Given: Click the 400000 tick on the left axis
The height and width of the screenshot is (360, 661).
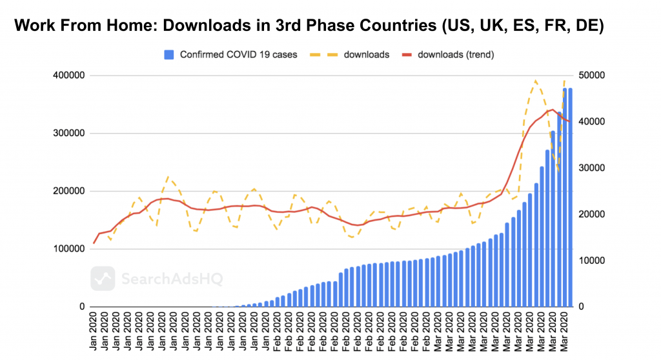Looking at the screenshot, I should [x=68, y=75].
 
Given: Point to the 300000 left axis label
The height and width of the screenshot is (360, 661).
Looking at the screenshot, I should [x=68, y=134].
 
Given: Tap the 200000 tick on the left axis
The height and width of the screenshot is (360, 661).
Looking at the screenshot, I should [x=68, y=192].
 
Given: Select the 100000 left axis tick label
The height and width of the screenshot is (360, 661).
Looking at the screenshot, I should [x=68, y=249].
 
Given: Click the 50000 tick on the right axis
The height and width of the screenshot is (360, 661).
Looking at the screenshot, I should [x=593, y=75].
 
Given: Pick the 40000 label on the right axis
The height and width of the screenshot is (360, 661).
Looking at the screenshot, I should [x=593, y=122].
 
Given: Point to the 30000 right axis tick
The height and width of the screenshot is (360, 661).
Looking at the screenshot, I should [x=593, y=168].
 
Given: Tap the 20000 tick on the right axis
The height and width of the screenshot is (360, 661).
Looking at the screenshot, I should [x=593, y=215].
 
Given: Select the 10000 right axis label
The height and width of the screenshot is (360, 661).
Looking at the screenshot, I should [x=593, y=261].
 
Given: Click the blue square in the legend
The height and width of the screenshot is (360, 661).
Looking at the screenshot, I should [x=170, y=55].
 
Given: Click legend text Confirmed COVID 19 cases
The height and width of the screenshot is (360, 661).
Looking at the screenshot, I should [x=238, y=55].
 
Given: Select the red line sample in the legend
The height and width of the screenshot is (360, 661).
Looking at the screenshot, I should [x=405, y=55].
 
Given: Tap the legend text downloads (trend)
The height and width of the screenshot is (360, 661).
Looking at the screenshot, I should [x=456, y=55].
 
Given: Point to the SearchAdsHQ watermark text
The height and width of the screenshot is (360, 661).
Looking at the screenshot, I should [x=163, y=279].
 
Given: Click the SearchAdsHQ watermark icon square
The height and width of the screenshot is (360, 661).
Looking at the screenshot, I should [x=103, y=279].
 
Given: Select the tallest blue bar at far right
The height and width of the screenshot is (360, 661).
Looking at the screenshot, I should [x=570, y=197].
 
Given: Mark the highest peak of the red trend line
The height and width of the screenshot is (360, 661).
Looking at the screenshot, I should [x=552, y=110].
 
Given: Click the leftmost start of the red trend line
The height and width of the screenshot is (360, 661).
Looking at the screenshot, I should [x=94, y=243].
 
